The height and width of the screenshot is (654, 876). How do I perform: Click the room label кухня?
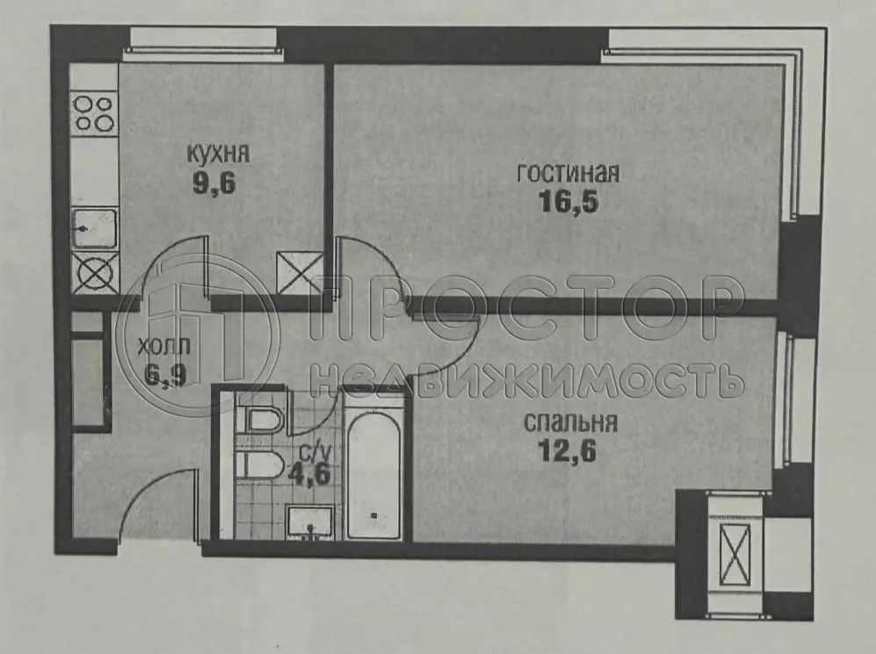coord(218,154)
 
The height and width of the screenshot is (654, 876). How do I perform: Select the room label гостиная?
coord(568,173)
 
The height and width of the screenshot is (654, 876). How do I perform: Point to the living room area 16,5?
coord(568,203)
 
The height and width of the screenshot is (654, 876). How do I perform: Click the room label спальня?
coord(570,422)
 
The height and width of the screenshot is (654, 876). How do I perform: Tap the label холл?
coord(164,345)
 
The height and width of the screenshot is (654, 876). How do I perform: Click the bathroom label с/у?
coord(314,452)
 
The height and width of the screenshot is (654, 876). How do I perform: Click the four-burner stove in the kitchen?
coord(93,113)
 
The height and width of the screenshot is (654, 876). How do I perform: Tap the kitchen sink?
coord(94,229)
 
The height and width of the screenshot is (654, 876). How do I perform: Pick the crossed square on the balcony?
coord(732,555)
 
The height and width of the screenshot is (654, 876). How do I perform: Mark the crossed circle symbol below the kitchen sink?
coord(94,273)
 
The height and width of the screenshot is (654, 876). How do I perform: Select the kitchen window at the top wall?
coord(201,40)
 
